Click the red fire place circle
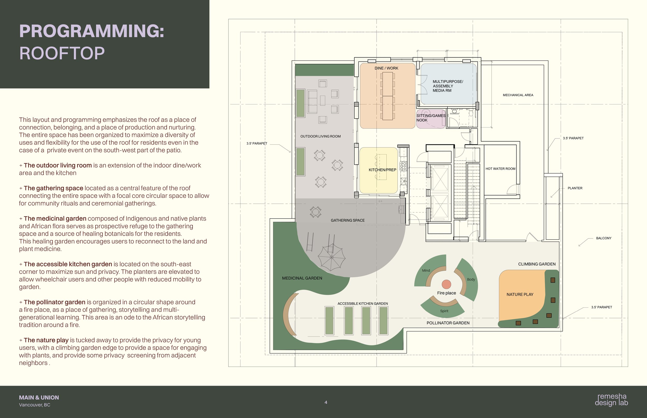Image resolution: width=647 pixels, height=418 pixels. (446, 284)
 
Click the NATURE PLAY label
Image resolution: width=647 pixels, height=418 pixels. (520, 295)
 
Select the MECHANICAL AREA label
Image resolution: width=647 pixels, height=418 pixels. (518, 95)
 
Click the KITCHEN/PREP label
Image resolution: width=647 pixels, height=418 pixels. (382, 170)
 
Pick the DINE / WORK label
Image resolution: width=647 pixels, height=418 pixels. (386, 68)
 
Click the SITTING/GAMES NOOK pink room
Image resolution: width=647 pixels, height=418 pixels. (431, 119)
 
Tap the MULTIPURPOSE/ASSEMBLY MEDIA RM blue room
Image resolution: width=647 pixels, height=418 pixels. (449, 84)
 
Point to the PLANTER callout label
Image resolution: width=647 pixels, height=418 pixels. (575, 188)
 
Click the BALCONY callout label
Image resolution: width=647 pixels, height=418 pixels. (604, 238)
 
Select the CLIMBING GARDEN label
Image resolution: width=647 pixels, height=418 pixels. (537, 264)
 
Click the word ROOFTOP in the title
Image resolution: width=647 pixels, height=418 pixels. (62, 53)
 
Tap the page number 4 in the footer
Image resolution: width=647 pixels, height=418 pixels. (326, 402)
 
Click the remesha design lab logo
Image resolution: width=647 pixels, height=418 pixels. (611, 400)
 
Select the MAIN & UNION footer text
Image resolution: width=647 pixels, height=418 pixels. (39, 398)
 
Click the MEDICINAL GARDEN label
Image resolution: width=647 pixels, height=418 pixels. (302, 278)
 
